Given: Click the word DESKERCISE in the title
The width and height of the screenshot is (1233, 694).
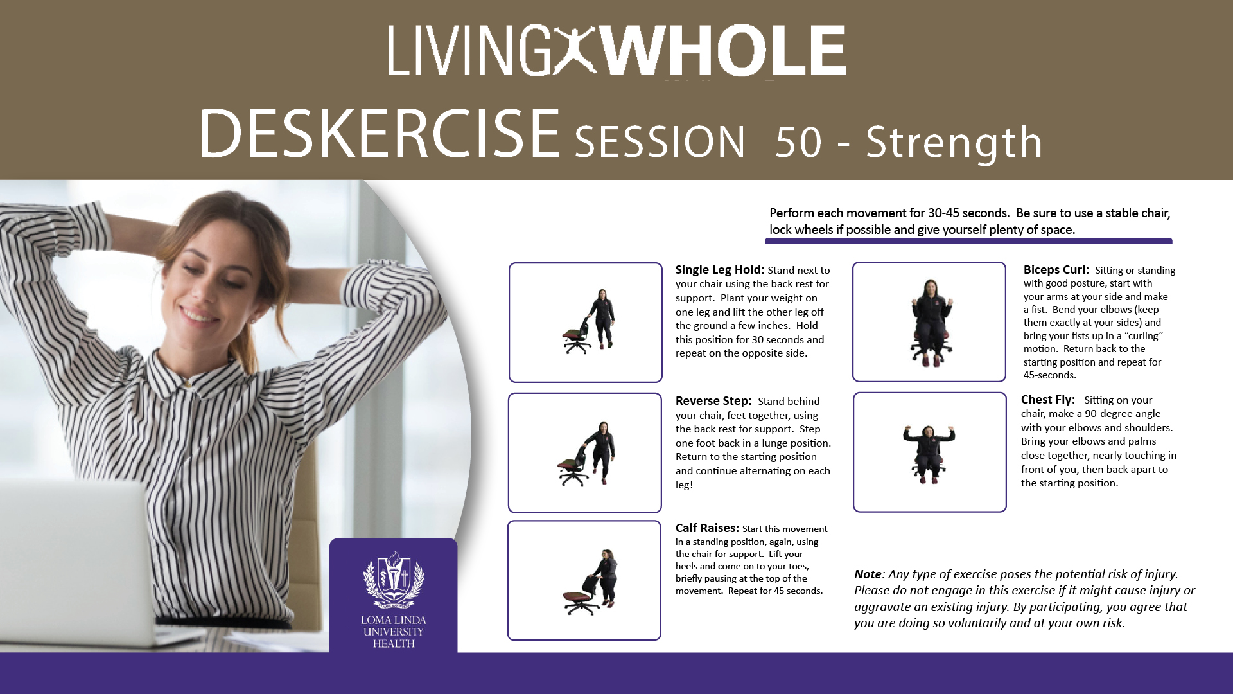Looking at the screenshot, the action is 380,134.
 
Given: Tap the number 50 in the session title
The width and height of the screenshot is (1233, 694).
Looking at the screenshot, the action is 798,142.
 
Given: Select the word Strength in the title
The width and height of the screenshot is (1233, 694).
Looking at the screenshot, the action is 954,142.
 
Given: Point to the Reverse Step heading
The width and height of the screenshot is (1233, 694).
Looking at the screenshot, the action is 713,402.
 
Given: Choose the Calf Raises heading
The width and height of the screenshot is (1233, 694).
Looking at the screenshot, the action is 707,528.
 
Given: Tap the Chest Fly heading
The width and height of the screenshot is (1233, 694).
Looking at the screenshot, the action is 1048,400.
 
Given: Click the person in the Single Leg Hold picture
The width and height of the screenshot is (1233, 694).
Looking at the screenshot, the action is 602,318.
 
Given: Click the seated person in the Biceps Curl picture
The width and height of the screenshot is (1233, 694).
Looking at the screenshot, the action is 929,321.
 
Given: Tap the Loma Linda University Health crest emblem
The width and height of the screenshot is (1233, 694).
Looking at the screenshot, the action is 394,580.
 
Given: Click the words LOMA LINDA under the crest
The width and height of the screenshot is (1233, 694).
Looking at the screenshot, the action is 394,621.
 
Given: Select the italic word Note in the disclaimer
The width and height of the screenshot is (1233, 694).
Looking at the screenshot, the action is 868,574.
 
